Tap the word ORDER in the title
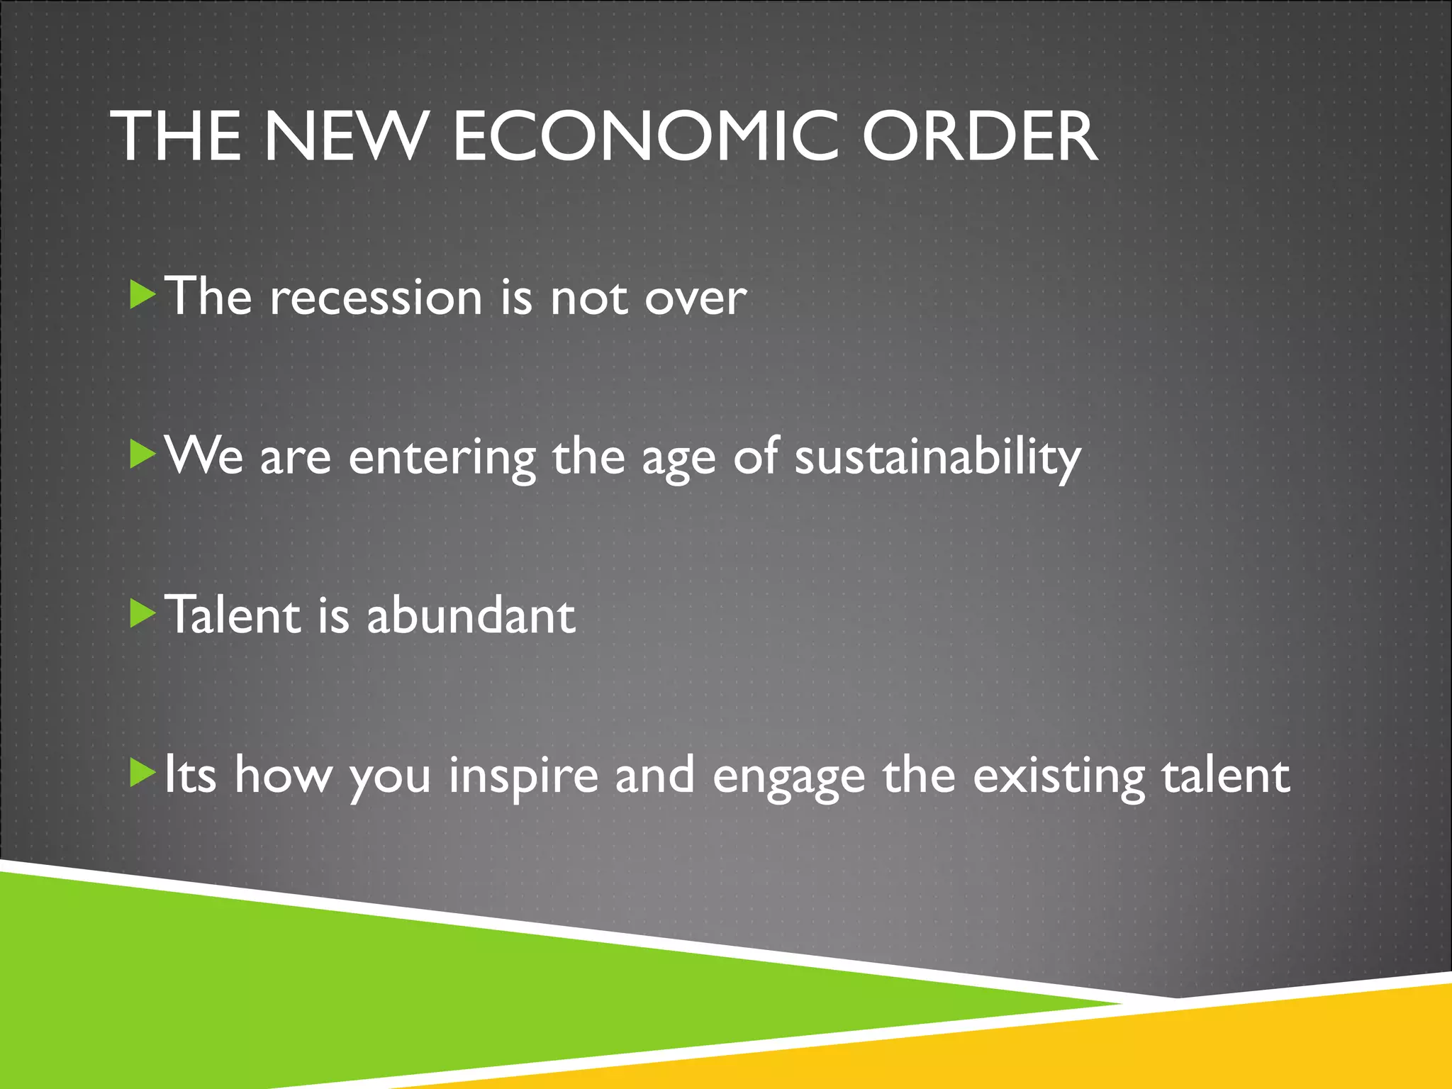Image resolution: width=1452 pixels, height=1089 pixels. pyautogui.click(x=980, y=136)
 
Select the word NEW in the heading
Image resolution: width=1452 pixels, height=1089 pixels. pyautogui.click(x=346, y=136)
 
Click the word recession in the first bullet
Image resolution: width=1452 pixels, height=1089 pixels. pyautogui.click(x=376, y=297)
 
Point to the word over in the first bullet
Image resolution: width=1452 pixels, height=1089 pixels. pyautogui.click(x=695, y=298)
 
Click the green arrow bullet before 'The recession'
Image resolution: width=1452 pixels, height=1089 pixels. pyautogui.click(x=143, y=294)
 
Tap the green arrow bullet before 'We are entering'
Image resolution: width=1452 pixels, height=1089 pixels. pyautogui.click(x=143, y=454)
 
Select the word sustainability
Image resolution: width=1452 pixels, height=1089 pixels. pyautogui.click(x=937, y=457)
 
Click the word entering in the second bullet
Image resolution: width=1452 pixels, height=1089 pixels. pyautogui.click(x=442, y=457)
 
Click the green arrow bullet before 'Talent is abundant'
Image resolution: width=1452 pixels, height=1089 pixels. pyautogui.click(x=143, y=614)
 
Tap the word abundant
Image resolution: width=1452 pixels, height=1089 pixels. pyautogui.click(x=471, y=615)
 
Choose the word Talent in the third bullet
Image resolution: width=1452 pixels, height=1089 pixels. pyautogui.click(x=233, y=615)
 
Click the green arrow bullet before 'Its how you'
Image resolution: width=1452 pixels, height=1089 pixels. pyautogui.click(x=143, y=774)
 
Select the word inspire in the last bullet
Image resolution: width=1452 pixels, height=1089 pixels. pyautogui.click(x=523, y=776)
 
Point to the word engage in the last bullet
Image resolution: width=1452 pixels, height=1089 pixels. pyautogui.click(x=788, y=778)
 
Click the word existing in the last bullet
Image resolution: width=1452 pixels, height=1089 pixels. pyautogui.click(x=1059, y=776)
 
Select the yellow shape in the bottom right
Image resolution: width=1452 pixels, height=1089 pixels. pyautogui.click(x=1205, y=1049)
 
